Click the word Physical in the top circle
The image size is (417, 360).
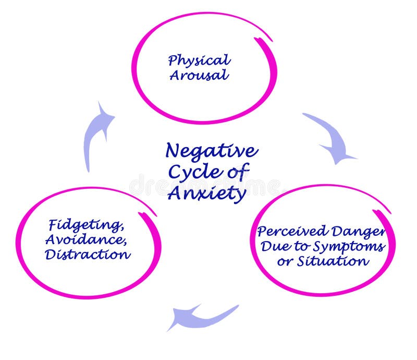click(199, 61)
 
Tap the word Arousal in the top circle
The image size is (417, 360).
click(199, 75)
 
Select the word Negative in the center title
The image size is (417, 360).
click(211, 151)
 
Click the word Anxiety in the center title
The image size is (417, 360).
click(207, 194)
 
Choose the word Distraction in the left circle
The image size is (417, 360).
click(87, 254)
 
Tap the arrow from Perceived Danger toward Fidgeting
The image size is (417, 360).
click(201, 316)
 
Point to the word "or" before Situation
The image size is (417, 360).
click(285, 261)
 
